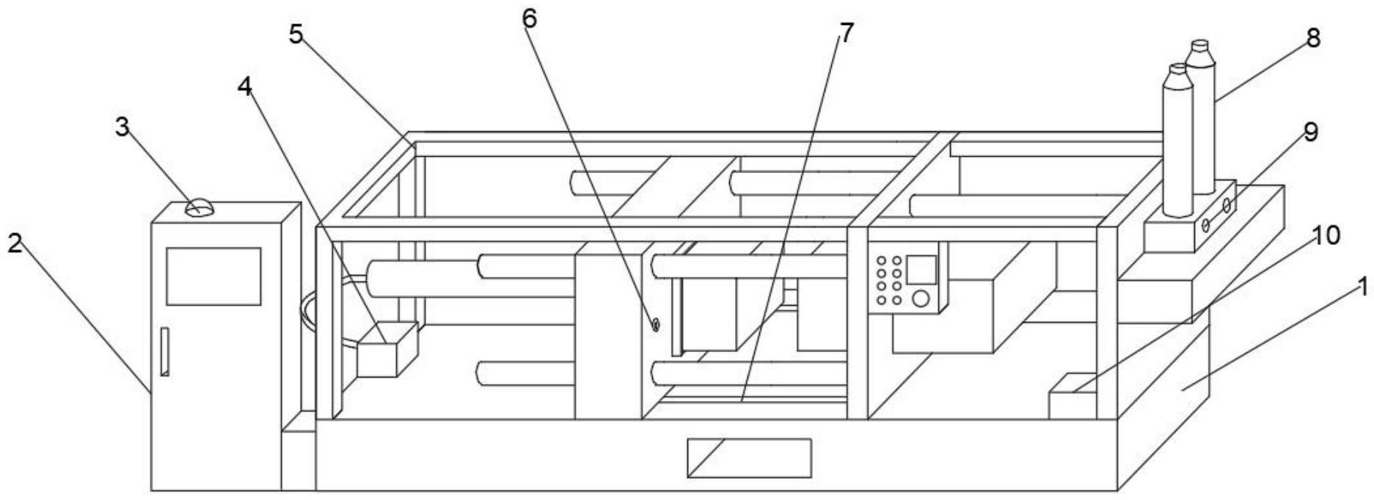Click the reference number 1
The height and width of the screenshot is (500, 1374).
[1362, 286]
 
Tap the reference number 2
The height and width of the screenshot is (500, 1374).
[15, 243]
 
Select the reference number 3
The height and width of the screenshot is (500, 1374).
[122, 127]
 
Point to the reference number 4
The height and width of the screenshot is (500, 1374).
[244, 87]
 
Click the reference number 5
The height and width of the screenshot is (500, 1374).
[296, 34]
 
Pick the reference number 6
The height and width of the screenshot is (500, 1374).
[529, 18]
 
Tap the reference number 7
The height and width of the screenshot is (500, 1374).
[846, 32]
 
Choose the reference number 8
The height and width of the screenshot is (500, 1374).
[1312, 37]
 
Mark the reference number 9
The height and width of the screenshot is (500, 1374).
[1309, 132]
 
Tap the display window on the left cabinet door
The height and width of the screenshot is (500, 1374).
[213, 276]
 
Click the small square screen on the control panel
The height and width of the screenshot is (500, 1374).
[922, 270]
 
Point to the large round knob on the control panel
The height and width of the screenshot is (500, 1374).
[921, 299]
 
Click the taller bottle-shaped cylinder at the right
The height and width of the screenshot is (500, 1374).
[1202, 117]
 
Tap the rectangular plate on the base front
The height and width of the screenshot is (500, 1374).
[749, 457]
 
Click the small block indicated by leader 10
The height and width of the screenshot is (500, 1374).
[1072, 397]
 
